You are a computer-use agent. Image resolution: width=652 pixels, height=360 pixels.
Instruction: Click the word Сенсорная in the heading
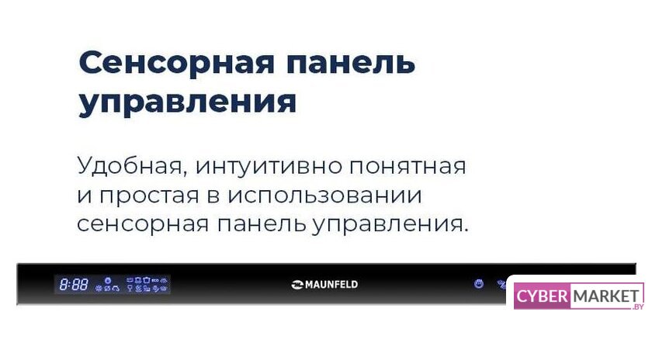pos(177,63)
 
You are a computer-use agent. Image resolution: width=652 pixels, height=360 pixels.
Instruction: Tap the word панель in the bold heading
pos(351,63)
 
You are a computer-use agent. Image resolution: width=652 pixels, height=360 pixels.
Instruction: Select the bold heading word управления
pos(188,102)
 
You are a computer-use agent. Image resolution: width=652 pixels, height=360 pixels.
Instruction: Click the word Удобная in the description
pos(130,166)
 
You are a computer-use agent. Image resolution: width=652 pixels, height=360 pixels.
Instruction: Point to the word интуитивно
pos(269,166)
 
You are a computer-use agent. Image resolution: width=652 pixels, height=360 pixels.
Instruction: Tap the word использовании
pos(324,196)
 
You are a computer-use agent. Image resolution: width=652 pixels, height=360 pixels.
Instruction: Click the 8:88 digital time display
pos(74,285)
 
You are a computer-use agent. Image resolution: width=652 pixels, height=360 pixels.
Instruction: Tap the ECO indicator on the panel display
pos(155,281)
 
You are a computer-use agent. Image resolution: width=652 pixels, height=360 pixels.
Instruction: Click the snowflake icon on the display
pos(99,288)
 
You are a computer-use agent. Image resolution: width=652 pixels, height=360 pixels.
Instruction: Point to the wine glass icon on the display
pos(130,288)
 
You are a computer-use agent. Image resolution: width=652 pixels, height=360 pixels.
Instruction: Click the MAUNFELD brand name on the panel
pos(331,285)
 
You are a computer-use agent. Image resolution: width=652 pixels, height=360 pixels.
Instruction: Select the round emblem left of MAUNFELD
pos(297,285)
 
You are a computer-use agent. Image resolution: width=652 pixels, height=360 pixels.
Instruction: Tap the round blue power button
pos(479,284)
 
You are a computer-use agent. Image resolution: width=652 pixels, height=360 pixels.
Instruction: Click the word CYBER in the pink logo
pos(542,296)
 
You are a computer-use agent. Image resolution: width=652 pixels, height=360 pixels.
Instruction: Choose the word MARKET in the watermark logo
pos(606,296)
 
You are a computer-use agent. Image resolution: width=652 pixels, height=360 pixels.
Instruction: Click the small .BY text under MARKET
pos(637,306)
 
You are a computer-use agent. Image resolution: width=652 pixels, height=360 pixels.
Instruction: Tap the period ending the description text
pos(466,230)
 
